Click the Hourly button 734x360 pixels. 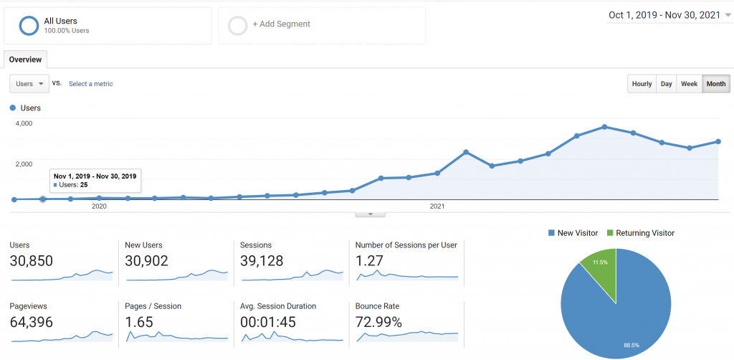point(642,84)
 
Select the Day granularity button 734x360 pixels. point(667,84)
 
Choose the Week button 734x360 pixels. point(689,84)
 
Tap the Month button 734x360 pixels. point(715,84)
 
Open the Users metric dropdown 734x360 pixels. point(29,84)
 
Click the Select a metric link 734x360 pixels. point(90,84)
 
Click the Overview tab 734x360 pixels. point(25,60)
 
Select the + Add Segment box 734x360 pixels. point(321,25)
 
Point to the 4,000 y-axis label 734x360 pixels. point(24,123)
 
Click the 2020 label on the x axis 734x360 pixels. point(99,207)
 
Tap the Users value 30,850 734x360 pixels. point(32,261)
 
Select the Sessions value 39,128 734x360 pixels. point(262,261)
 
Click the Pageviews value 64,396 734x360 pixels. point(32,322)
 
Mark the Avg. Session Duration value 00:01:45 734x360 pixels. point(268,322)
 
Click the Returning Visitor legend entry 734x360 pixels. point(641,233)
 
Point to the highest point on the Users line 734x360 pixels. point(605,127)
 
